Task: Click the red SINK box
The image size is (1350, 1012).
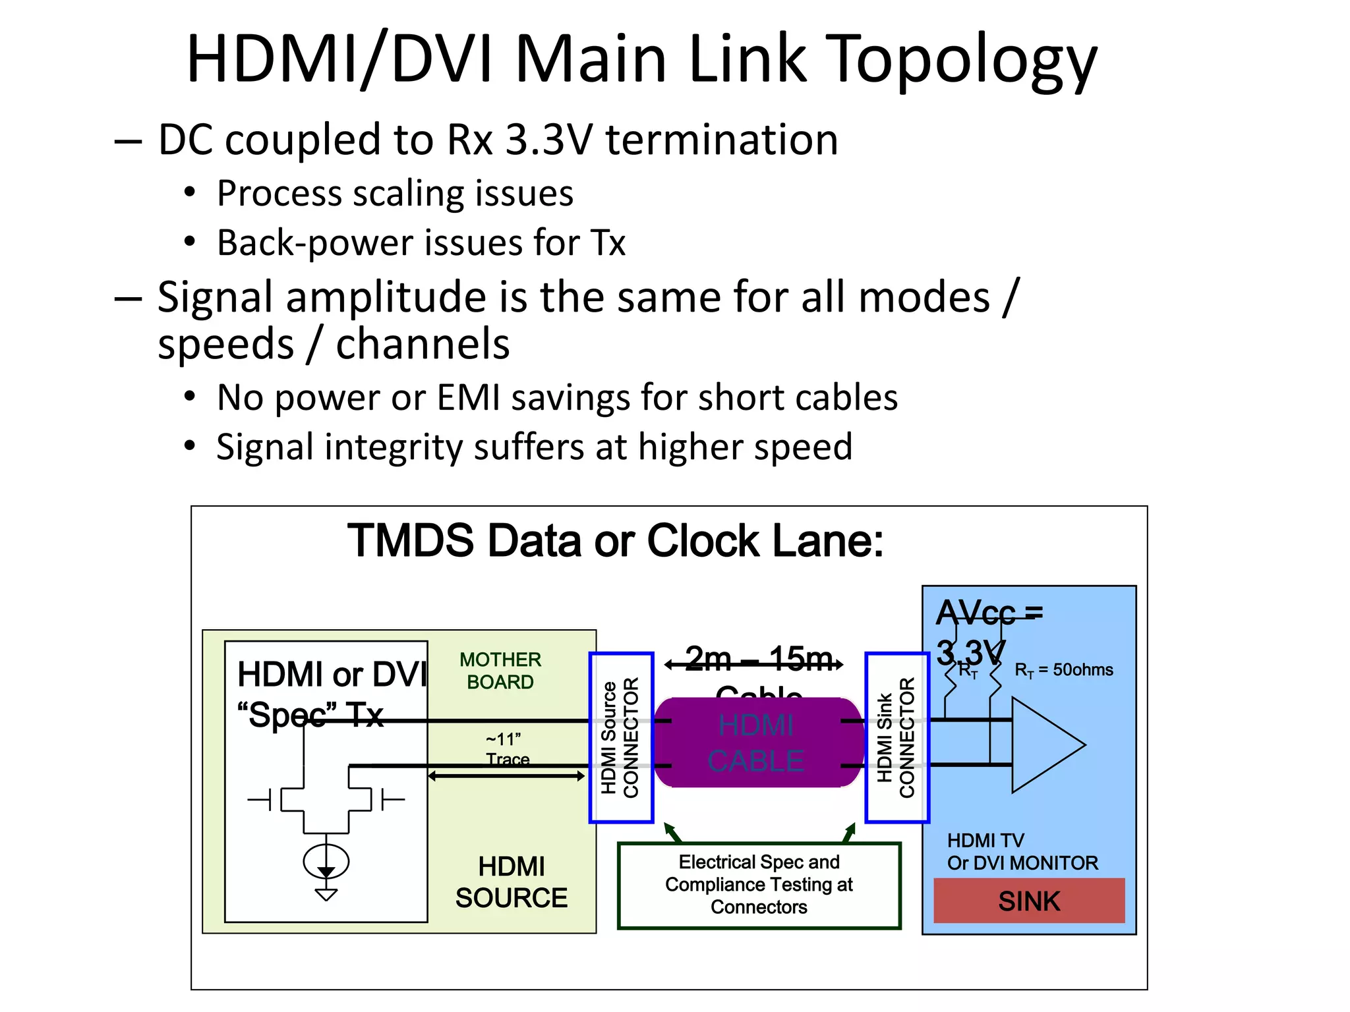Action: (x=1028, y=901)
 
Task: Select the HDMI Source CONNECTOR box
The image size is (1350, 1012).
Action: (x=621, y=737)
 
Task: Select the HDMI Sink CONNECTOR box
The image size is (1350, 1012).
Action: (x=896, y=737)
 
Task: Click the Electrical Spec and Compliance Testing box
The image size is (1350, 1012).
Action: (x=759, y=885)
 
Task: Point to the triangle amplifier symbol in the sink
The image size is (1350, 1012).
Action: (x=1042, y=745)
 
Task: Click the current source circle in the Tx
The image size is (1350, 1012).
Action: (x=326, y=860)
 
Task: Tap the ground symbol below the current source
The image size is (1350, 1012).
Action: (x=326, y=894)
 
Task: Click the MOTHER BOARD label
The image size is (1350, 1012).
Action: (x=500, y=671)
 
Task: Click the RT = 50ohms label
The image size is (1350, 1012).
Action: (x=1063, y=670)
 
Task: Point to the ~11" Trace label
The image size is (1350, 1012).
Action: (x=506, y=749)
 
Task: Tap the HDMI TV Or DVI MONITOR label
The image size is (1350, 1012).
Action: (x=1022, y=851)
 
